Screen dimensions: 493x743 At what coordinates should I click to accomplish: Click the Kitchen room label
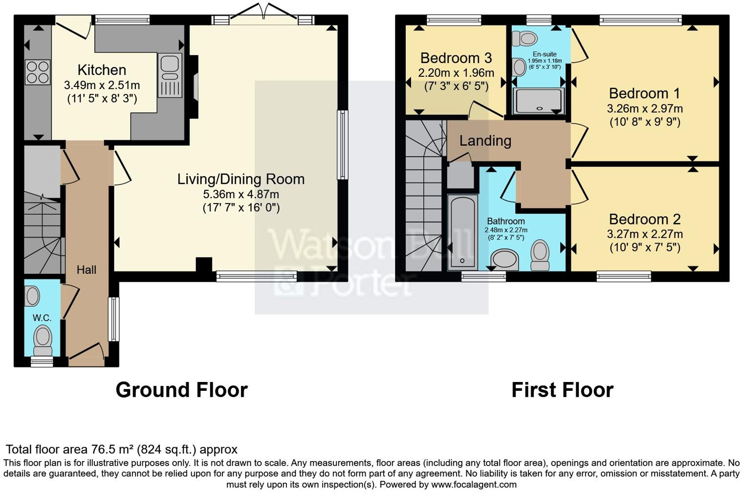click(x=102, y=70)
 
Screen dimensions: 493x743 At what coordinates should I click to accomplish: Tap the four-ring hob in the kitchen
click(x=38, y=72)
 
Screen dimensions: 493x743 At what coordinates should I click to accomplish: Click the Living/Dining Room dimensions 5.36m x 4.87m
click(x=241, y=195)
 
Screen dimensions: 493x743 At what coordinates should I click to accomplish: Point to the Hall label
click(x=87, y=269)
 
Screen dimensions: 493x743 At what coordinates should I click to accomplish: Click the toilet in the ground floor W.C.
click(x=43, y=340)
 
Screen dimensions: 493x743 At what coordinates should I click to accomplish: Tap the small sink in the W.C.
click(x=32, y=296)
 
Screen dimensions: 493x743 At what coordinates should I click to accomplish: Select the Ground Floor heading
click(x=181, y=390)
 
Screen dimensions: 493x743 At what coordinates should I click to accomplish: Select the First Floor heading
click(x=562, y=390)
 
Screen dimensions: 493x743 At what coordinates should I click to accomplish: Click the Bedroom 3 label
click(x=456, y=58)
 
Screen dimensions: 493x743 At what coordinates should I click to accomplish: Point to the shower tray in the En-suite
click(x=538, y=101)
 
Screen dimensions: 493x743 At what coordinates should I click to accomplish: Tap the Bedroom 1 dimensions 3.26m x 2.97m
click(x=645, y=109)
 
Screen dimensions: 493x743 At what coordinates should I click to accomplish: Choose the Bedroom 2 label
click(x=645, y=219)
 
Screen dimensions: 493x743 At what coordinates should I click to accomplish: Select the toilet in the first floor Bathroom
click(x=540, y=254)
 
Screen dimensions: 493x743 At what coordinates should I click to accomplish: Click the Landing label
click(x=485, y=141)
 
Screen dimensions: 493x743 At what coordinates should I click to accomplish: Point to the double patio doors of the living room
click(x=264, y=15)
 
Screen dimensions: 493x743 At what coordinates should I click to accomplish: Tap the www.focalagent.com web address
click(x=473, y=484)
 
